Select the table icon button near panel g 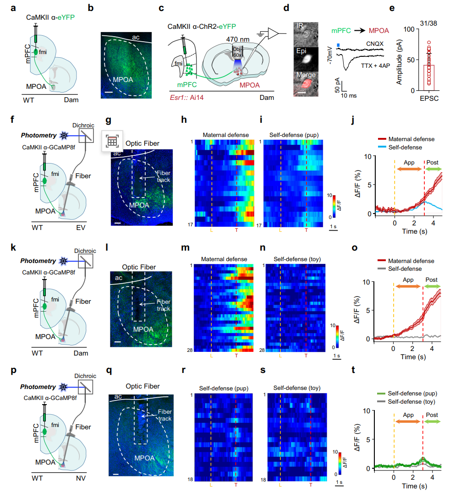pyautogui.click(x=112, y=141)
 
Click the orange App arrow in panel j pyautogui.click(x=409, y=169)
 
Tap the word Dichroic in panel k pyautogui.click(x=82, y=251)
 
